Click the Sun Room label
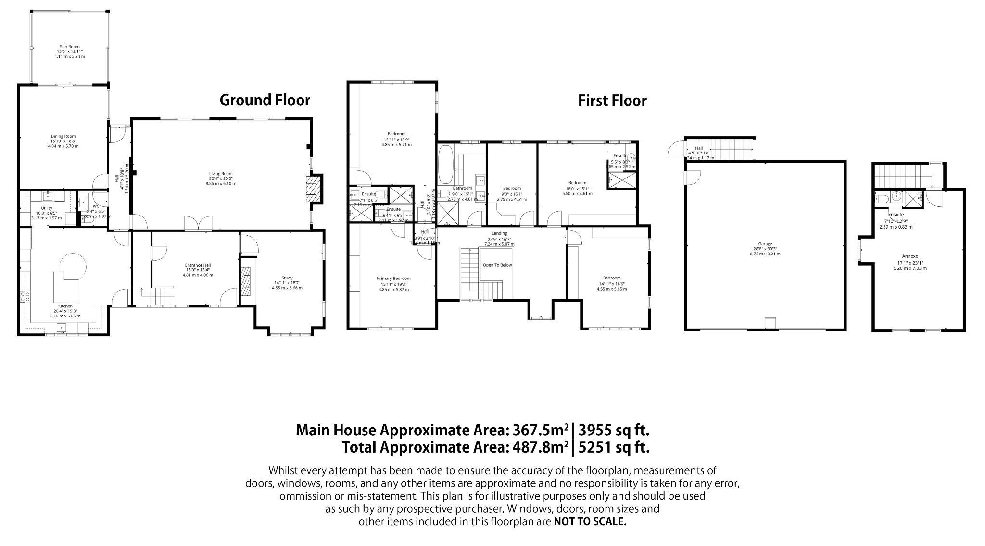coord(70,47)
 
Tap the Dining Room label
coord(63,136)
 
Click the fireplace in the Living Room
coord(314,190)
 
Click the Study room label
coord(287,278)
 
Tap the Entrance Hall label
coord(198,265)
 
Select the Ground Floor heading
coord(265,100)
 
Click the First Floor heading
coord(612,101)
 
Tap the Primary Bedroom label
coord(393,278)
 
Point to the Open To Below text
coord(497,265)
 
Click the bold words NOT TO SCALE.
coord(590,521)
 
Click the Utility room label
coord(46,208)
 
